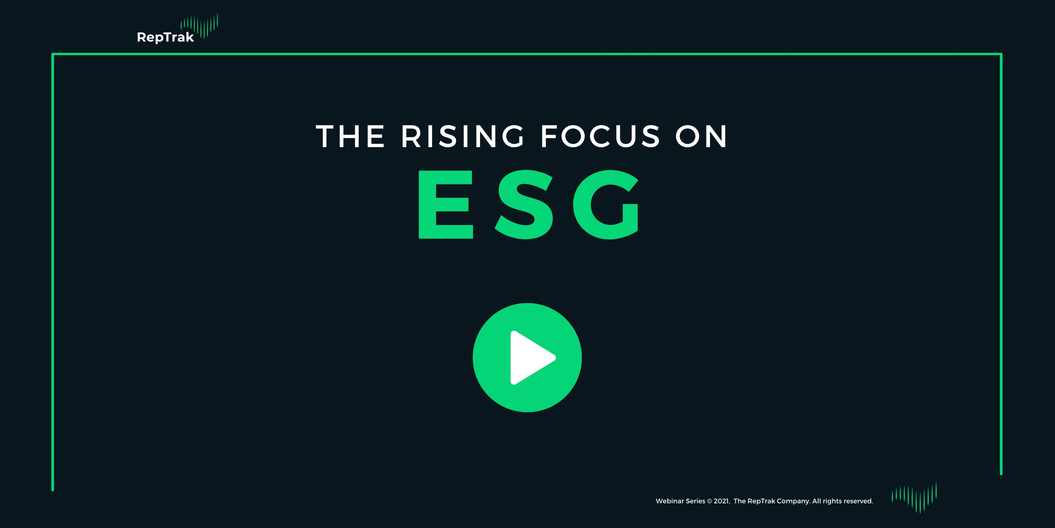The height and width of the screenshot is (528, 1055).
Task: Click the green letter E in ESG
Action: [x=445, y=204]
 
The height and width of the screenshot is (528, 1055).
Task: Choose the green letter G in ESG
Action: [x=606, y=204]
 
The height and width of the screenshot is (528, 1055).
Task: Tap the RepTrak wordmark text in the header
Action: [x=165, y=37]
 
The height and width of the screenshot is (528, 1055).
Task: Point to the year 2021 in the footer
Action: [x=721, y=501]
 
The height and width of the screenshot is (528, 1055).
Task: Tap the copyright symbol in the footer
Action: [x=709, y=501]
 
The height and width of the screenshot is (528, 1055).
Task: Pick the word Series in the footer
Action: [x=696, y=501]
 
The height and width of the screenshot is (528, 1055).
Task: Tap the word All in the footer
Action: [x=817, y=501]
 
